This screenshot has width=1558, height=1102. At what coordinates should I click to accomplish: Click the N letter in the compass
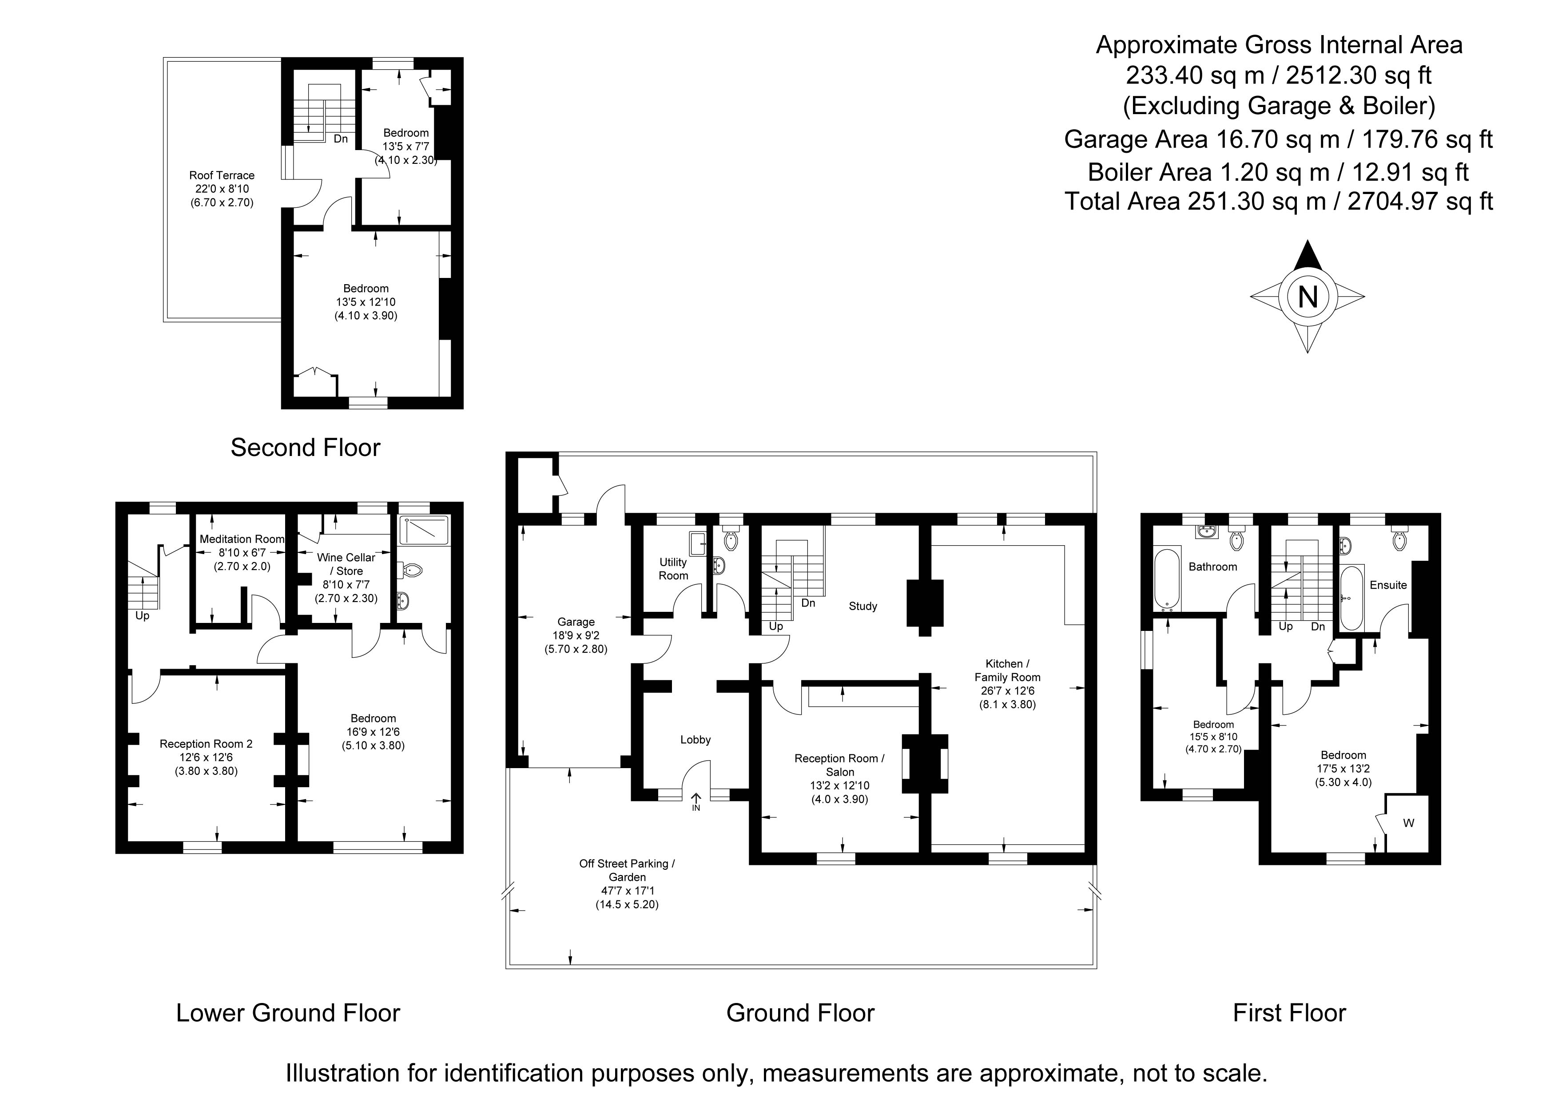point(1308,297)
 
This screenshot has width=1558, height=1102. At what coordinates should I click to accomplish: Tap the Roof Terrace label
point(222,189)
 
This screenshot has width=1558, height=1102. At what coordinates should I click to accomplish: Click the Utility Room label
point(673,569)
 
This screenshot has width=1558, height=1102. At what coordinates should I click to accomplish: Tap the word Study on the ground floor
point(863,606)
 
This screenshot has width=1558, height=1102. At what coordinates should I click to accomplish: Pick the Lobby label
point(696,740)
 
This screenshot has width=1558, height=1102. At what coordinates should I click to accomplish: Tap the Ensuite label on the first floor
point(1388,585)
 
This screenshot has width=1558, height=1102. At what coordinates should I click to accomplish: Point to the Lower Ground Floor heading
point(288,1013)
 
